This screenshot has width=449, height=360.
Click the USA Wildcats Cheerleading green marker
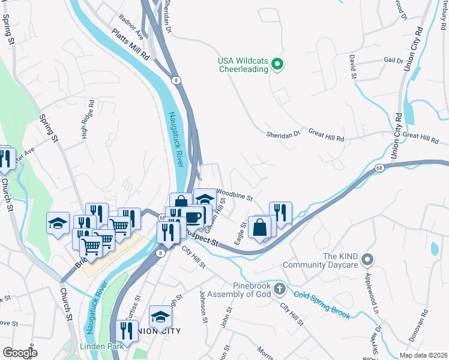[x=277, y=64]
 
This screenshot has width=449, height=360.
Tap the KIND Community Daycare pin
[x=367, y=260]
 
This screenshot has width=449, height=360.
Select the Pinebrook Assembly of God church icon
[x=279, y=290]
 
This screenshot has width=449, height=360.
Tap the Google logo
[x=20, y=352]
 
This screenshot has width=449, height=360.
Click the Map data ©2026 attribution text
[x=423, y=355]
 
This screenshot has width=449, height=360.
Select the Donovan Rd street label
[x=418, y=326]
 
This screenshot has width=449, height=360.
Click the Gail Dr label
[x=393, y=61]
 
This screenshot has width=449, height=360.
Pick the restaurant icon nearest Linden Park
[x=127, y=331]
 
